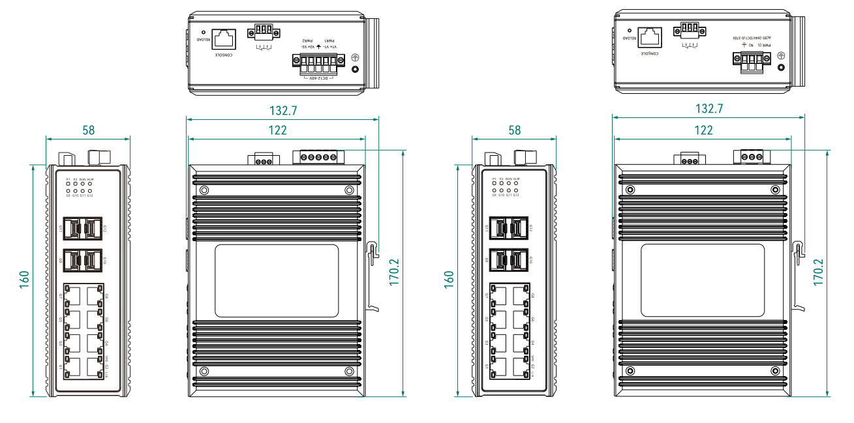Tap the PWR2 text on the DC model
(x=304, y=40)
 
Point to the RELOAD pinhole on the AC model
(x=629, y=30)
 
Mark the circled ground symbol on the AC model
(x=781, y=57)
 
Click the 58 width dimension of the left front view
(x=88, y=130)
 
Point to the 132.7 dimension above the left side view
(x=283, y=111)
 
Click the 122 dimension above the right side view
(x=703, y=130)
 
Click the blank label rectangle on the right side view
(x=702, y=280)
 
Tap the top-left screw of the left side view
(x=204, y=190)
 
